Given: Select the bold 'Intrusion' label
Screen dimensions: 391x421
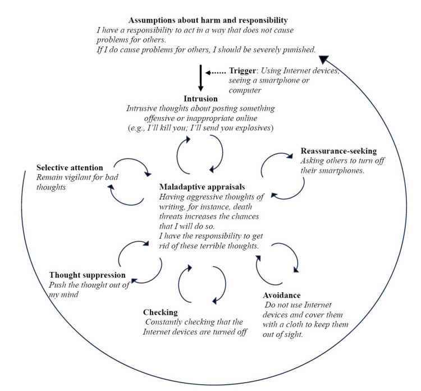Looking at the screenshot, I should tap(200, 99).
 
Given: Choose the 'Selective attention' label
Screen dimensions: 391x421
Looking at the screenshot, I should tap(70, 168).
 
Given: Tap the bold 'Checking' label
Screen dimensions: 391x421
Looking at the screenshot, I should tap(161, 312).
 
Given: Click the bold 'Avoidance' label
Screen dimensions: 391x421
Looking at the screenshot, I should tap(281, 295).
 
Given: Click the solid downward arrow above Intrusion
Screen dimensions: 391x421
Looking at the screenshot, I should tap(200, 79).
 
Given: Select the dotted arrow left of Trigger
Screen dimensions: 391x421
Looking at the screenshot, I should tap(214, 72).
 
